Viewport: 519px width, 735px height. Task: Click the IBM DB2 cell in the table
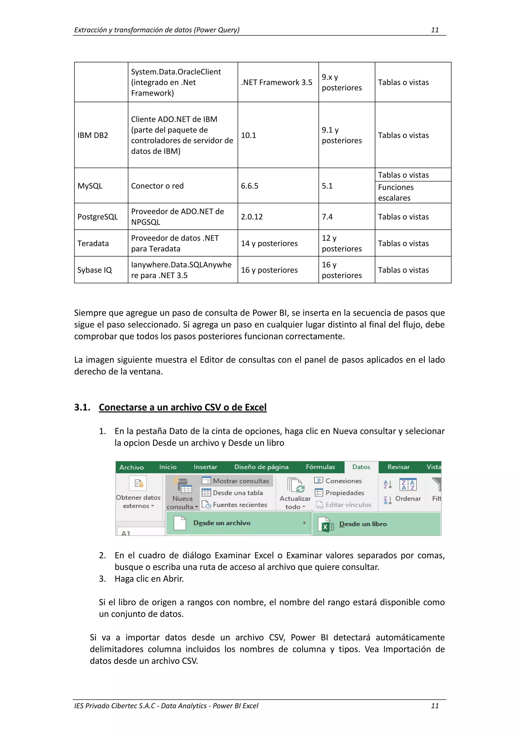(x=93, y=135)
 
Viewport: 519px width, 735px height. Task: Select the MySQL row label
(x=90, y=186)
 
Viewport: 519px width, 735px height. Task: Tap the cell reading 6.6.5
(x=249, y=186)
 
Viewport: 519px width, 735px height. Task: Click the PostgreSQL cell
(x=98, y=217)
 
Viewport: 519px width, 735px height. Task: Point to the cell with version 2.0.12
(x=252, y=217)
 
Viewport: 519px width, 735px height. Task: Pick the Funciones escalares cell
(x=396, y=192)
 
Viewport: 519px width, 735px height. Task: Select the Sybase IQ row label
(x=95, y=270)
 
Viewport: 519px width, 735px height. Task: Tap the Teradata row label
(x=93, y=243)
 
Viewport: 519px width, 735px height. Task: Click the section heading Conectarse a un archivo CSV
(x=183, y=407)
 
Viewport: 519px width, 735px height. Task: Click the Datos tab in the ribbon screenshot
(x=361, y=467)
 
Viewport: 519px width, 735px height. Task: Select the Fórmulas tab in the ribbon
(x=320, y=467)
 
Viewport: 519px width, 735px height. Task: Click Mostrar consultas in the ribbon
(x=240, y=481)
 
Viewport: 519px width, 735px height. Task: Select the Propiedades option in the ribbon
(x=344, y=493)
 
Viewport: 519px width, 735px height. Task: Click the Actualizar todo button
(x=295, y=493)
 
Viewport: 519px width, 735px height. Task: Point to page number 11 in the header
(x=435, y=30)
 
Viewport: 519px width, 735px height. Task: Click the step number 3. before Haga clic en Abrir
(x=102, y=579)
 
